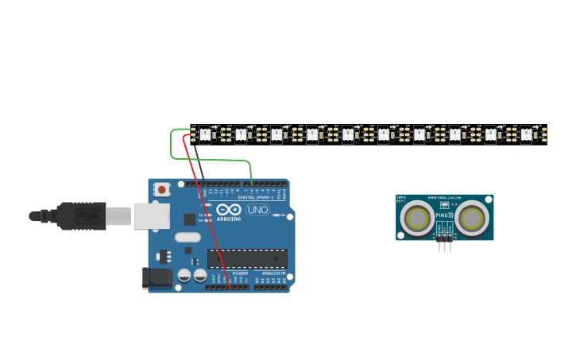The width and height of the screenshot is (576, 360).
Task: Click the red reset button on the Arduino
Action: point(162,189)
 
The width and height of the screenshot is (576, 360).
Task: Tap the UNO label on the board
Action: point(257,211)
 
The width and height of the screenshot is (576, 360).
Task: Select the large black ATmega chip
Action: point(247,258)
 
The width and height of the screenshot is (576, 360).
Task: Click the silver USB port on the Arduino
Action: point(151,215)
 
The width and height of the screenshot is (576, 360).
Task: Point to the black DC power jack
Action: point(156,277)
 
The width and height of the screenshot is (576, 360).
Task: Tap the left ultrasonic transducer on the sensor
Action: point(417,218)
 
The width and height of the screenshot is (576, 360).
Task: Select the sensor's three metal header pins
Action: point(445,246)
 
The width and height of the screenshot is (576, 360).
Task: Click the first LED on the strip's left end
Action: point(205,134)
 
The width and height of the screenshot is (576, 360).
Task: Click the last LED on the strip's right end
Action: point(526,134)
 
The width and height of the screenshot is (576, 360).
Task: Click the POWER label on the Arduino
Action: point(240,273)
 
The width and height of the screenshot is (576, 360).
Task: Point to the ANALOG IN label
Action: point(274,273)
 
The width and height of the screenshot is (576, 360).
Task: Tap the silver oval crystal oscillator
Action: point(187,237)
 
